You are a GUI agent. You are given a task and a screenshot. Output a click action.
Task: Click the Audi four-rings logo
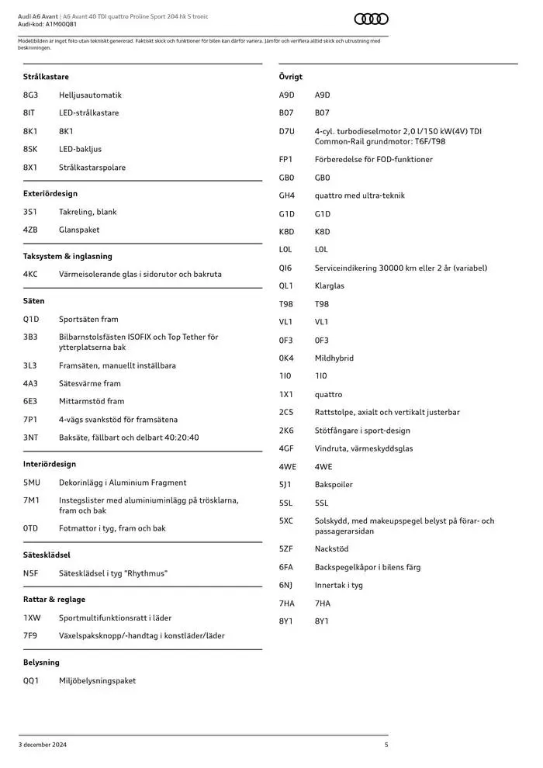(371, 19)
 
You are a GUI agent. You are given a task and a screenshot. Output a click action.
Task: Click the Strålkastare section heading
(46, 77)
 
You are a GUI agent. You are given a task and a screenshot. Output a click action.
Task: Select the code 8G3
(30, 95)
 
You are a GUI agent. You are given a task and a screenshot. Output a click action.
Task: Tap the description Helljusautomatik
(90, 95)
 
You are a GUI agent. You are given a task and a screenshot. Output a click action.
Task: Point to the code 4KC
(30, 274)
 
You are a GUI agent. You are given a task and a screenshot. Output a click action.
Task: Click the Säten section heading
(34, 301)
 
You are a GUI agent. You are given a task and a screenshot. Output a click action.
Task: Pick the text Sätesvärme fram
(90, 383)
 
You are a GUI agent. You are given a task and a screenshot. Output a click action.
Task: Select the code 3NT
(30, 438)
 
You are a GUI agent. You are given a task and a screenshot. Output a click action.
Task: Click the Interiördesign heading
(50, 464)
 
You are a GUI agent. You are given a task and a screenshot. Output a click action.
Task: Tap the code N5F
(30, 573)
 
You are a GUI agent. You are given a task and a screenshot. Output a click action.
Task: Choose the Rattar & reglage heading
(54, 600)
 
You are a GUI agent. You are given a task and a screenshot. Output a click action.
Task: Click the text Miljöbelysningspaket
(97, 680)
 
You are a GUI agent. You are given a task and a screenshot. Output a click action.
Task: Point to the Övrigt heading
(291, 77)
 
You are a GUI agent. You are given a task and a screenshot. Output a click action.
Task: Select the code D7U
(287, 131)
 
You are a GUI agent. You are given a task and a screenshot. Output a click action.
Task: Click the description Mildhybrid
(334, 358)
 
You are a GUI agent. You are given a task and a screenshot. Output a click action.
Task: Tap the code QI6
(286, 268)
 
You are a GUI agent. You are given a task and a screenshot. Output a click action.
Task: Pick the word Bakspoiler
(334, 485)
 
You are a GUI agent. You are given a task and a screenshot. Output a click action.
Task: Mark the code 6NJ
(286, 585)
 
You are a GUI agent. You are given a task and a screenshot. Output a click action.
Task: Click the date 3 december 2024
(43, 745)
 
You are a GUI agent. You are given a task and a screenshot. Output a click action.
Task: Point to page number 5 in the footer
(386, 745)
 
